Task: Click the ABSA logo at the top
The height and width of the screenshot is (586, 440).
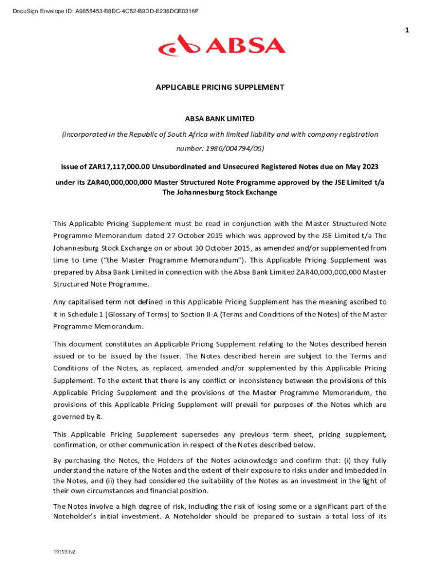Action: click(x=222, y=45)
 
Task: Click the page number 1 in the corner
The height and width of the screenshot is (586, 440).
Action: click(x=407, y=30)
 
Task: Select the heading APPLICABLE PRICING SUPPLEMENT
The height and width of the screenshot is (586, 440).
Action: click(x=220, y=88)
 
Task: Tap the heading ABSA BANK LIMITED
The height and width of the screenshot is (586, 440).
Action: click(x=219, y=119)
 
